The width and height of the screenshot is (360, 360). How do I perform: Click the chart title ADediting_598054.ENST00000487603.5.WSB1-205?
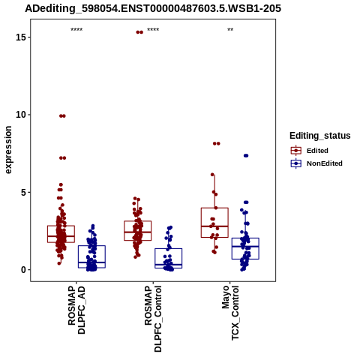click(153, 8)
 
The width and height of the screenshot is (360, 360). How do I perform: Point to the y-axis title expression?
click(8, 150)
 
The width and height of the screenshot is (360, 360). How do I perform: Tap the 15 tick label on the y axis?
click(21, 37)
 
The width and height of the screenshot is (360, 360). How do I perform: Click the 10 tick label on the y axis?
click(21, 115)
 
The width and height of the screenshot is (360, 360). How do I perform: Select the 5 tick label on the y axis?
click(23, 192)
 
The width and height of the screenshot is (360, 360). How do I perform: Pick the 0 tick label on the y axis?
click(23, 270)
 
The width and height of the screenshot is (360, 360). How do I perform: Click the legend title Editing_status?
click(320, 136)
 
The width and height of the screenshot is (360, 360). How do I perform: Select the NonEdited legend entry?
click(316, 163)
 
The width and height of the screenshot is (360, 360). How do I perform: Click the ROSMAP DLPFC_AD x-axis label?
click(76, 310)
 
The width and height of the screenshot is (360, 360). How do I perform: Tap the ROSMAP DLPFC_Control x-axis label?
click(153, 319)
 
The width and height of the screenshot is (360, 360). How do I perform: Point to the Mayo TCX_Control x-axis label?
click(230, 313)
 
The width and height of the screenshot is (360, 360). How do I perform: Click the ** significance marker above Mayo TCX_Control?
click(230, 30)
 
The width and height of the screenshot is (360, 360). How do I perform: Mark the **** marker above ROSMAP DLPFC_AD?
click(76, 30)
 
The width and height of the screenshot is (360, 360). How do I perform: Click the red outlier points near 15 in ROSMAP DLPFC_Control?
click(139, 32)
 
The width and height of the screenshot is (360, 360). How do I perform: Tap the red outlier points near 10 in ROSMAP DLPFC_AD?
click(62, 115)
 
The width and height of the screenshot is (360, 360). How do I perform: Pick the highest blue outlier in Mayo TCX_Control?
click(246, 156)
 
